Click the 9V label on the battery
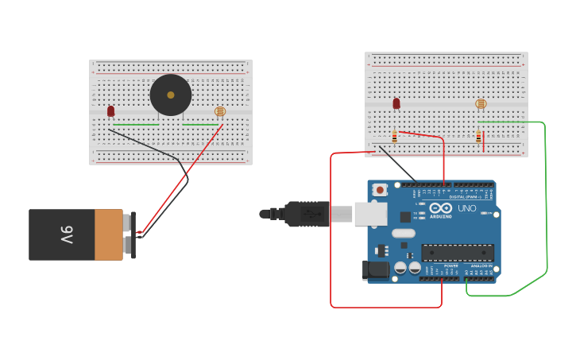tap(66, 234)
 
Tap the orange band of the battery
tap(108, 234)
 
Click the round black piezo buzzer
tap(171, 95)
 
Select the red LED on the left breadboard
tap(110, 111)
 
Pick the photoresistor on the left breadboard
tap(220, 111)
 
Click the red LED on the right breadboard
tap(396, 103)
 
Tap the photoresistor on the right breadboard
tap(481, 103)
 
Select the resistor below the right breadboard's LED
tap(394, 137)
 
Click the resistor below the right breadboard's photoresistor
tap(478, 137)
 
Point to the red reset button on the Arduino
tap(381, 190)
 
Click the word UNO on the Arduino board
tap(466, 208)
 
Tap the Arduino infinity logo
tap(440, 208)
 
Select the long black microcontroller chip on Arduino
tap(457, 253)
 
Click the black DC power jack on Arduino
tap(375, 270)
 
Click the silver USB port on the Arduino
tap(370, 214)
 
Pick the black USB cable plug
tap(306, 214)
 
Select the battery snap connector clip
tap(133, 234)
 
